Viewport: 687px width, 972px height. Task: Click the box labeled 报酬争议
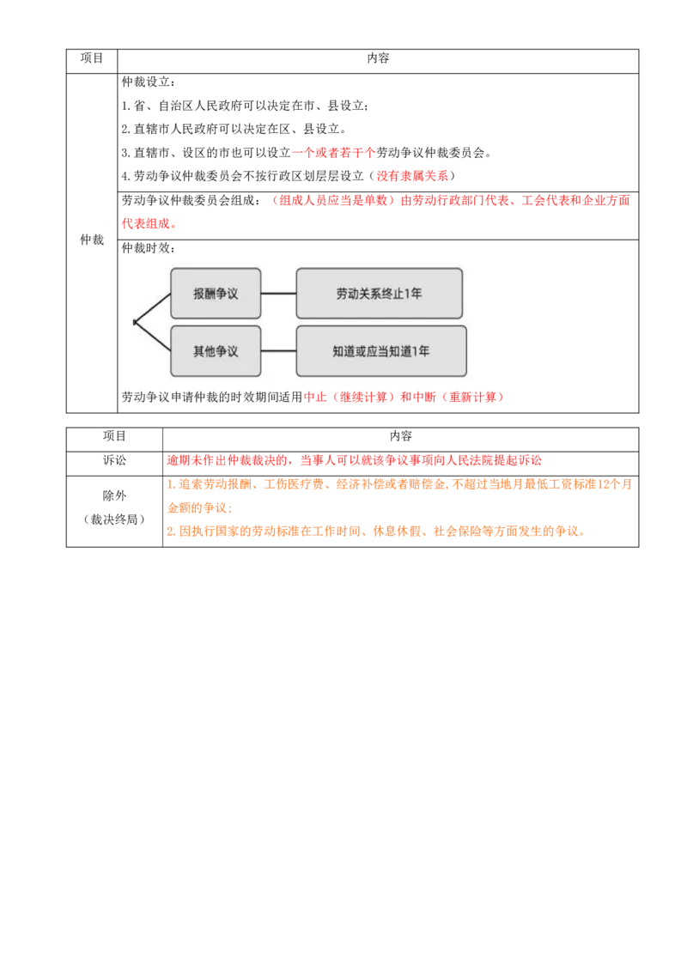click(216, 294)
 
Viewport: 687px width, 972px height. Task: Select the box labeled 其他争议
click(216, 351)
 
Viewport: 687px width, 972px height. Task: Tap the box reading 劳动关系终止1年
click(379, 294)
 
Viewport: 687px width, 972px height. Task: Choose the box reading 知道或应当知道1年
click(380, 351)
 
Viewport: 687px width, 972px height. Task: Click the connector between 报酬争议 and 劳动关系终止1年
click(278, 294)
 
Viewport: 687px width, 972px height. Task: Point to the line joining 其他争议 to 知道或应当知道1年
click(278, 351)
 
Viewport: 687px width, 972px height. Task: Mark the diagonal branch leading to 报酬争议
click(153, 307)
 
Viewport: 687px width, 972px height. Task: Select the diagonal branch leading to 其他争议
click(153, 337)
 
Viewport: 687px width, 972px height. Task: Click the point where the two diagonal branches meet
click(135, 322)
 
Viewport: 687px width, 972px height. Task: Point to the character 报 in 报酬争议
click(199, 294)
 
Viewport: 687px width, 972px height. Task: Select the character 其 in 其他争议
click(199, 351)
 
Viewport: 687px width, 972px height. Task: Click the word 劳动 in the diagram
click(347, 294)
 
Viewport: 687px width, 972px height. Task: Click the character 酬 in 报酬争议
click(210, 294)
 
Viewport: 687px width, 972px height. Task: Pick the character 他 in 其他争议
click(210, 351)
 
